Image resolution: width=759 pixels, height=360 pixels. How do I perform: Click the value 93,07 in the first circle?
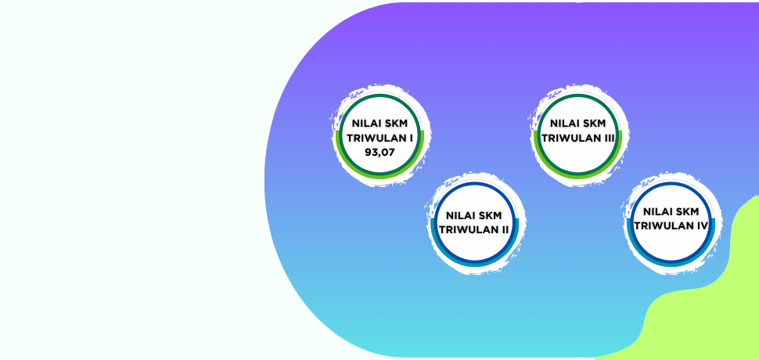379,152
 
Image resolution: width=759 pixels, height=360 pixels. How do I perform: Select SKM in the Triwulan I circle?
396,124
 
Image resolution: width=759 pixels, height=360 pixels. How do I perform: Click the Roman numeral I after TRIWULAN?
411,138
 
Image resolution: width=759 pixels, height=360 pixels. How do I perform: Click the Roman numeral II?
505,229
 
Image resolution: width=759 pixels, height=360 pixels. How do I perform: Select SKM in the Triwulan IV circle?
687,211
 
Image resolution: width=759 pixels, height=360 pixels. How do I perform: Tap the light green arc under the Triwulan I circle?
379,175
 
